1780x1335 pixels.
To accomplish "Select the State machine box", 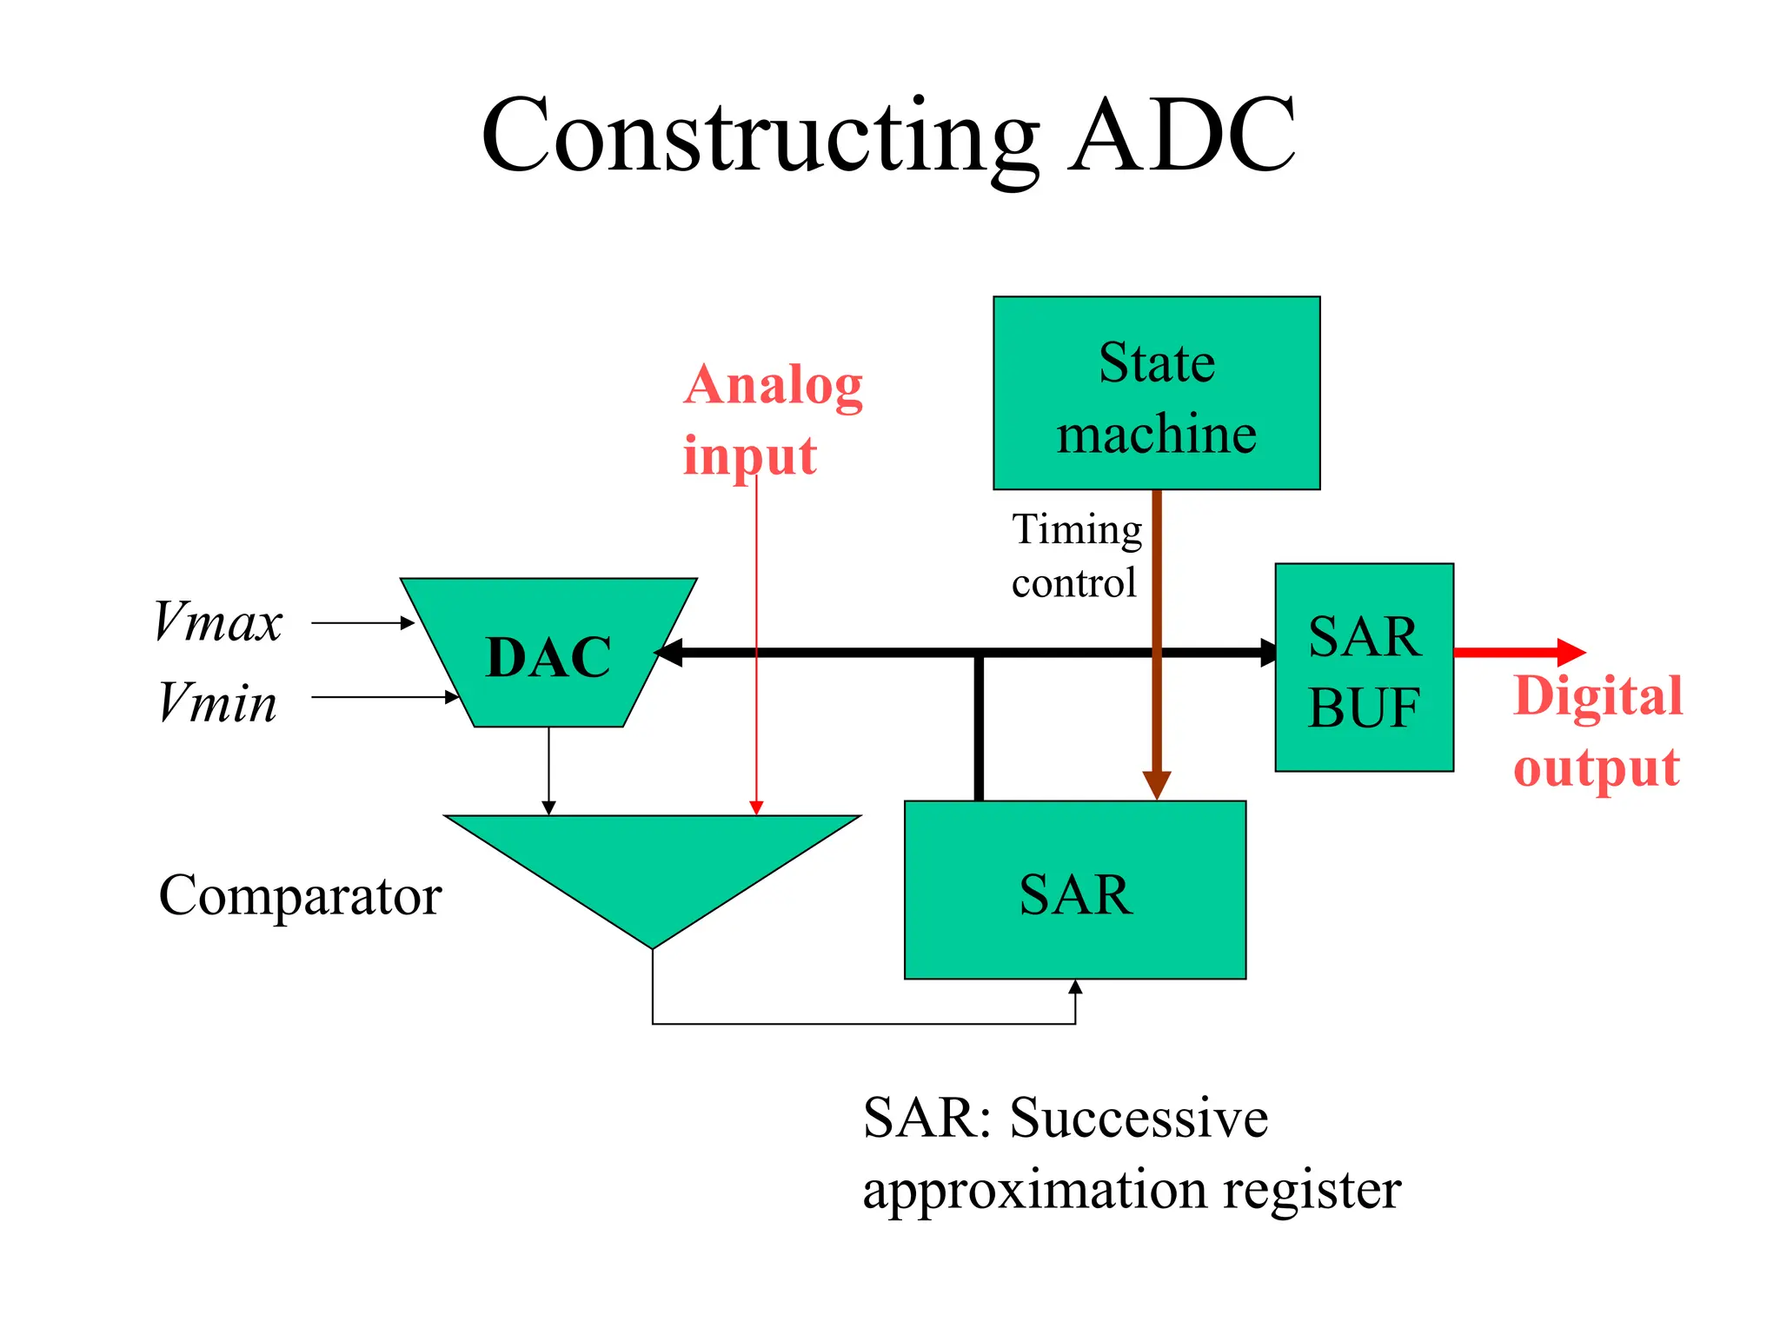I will (1156, 394).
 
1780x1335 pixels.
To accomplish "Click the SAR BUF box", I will (1364, 667).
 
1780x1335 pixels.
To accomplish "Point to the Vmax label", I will (218, 622).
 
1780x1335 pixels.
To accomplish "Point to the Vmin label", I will (218, 701).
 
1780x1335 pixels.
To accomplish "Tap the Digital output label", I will (1597, 732).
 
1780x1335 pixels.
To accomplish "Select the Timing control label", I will (1076, 556).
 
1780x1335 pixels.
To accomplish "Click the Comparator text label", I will (300, 895).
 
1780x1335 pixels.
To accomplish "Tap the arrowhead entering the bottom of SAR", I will (1075, 987).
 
